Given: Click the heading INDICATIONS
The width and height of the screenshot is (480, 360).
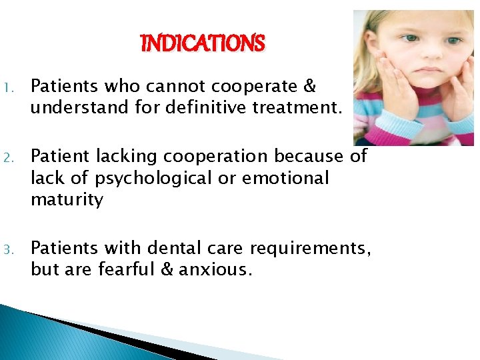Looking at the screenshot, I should tap(203, 44).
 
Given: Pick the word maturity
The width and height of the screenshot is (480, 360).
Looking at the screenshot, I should tap(67, 200).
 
